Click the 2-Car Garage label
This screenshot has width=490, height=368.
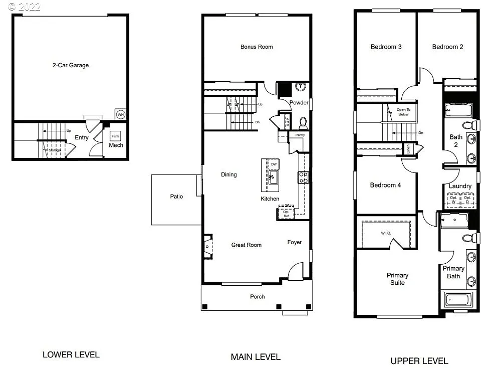tap(71, 65)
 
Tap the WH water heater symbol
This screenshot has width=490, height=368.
tap(120, 114)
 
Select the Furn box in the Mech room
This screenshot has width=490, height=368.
tap(115, 136)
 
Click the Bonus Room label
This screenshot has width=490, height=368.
tap(257, 47)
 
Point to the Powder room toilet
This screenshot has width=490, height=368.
tap(303, 122)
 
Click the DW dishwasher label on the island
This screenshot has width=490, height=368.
tap(274, 164)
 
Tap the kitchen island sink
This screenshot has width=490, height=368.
tap(273, 177)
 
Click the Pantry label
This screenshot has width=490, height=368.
tap(300, 135)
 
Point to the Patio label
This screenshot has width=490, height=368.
tap(176, 197)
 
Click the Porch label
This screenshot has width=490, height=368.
tap(258, 296)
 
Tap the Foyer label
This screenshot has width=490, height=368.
tap(295, 242)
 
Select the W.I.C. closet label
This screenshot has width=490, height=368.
tap(385, 233)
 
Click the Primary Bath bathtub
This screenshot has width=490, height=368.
tap(457, 300)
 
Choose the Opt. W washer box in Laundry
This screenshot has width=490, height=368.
tap(453, 199)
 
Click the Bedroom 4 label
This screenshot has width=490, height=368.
tap(385, 185)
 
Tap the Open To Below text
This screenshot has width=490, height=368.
tap(403, 112)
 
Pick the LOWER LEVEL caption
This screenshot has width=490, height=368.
tap(71, 354)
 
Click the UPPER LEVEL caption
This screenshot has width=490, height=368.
tap(419, 360)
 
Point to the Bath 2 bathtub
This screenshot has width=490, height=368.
tap(458, 109)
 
